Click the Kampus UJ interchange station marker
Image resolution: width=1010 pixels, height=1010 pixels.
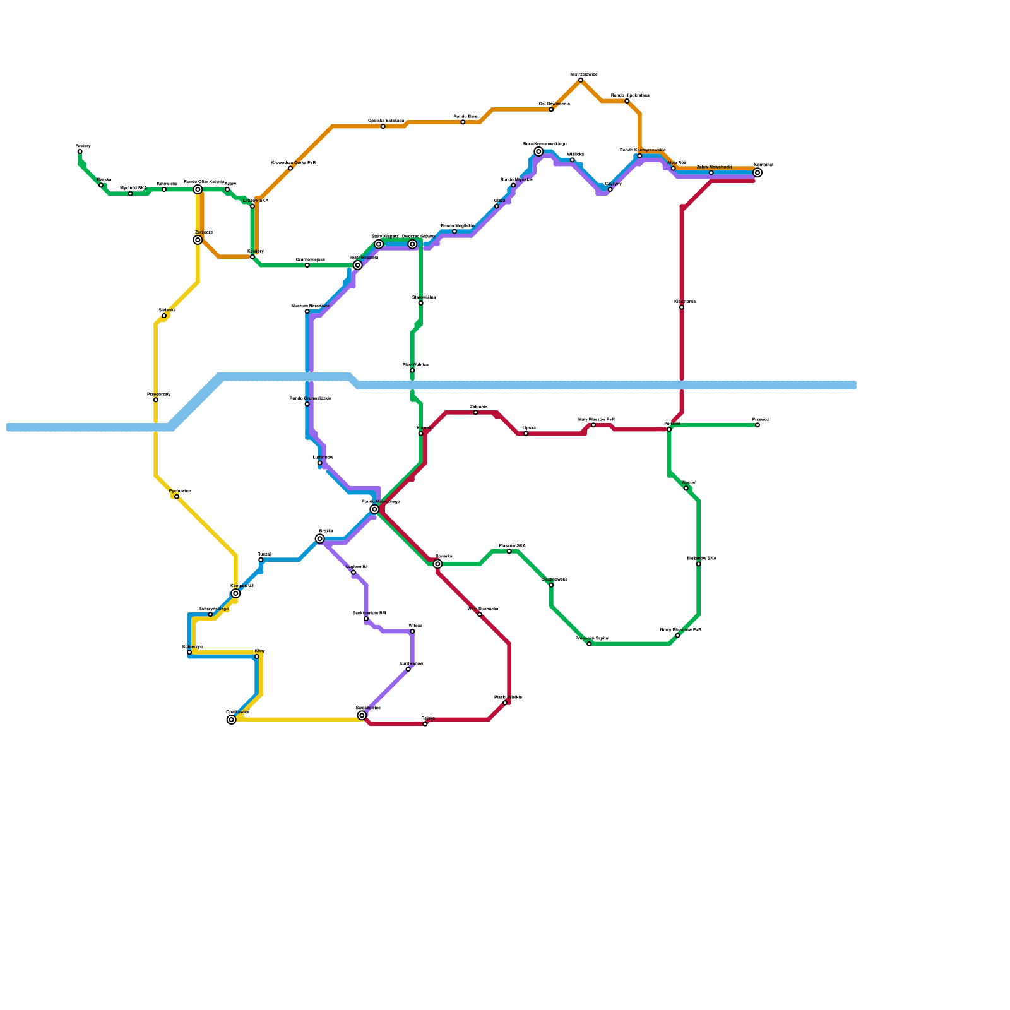(x=235, y=593)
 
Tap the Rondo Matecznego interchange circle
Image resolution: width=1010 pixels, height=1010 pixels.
(x=374, y=509)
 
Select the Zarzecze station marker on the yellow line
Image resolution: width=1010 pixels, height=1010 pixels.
(x=198, y=240)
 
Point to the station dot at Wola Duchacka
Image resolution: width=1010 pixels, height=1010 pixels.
(x=480, y=614)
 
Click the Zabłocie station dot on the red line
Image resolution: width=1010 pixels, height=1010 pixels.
(x=475, y=412)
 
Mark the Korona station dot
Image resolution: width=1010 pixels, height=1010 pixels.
(x=420, y=434)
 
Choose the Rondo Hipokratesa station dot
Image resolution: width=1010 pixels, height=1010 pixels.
(x=627, y=101)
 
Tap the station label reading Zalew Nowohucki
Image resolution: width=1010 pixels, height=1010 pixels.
(x=714, y=167)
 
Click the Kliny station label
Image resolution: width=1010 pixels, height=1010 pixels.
(x=260, y=650)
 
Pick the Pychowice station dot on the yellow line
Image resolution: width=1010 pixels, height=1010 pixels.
(x=177, y=497)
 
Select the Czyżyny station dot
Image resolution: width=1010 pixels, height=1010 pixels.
(x=610, y=189)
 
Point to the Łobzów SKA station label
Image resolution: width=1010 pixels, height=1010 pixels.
(x=256, y=201)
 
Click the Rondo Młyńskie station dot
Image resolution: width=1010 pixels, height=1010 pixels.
(x=513, y=185)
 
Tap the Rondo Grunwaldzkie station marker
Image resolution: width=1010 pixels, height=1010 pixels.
(x=307, y=404)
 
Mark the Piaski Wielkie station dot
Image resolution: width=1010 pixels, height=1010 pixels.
(x=505, y=703)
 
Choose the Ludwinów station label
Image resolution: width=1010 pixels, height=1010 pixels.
(x=323, y=457)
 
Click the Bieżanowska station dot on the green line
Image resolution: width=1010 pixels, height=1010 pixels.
(x=551, y=585)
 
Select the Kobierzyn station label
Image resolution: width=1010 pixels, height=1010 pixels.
(x=193, y=646)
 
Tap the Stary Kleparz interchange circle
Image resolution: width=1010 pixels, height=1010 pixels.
(x=379, y=244)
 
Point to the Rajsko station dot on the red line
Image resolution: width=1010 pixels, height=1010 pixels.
(x=425, y=724)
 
